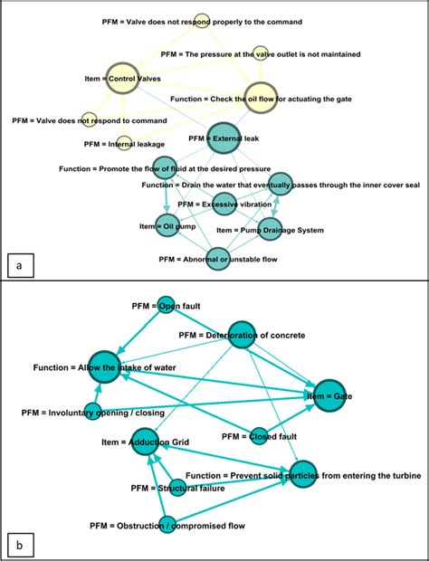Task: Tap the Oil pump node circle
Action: pyautogui.click(x=167, y=225)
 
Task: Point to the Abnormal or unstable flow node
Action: pyautogui.click(x=217, y=260)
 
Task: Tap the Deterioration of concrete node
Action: pyautogui.click(x=243, y=335)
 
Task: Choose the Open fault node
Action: pyautogui.click(x=166, y=305)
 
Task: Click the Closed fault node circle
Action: pyautogui.click(x=259, y=436)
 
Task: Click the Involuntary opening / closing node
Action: pyautogui.click(x=91, y=412)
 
